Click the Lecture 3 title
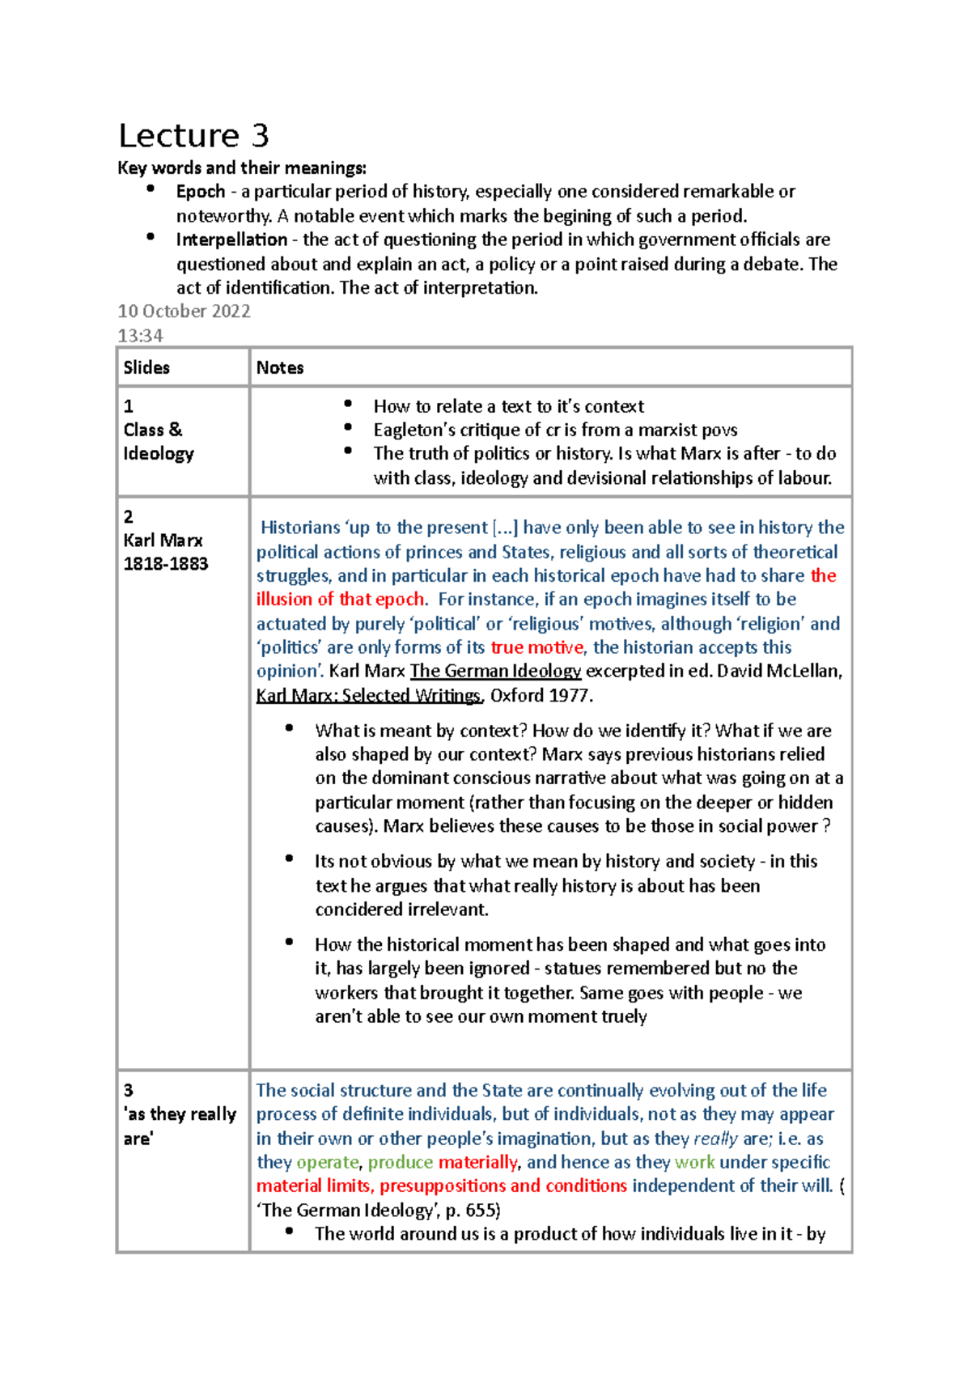pyautogui.click(x=193, y=135)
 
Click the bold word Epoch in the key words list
pyautogui.click(x=200, y=192)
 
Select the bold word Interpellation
pyautogui.click(x=231, y=240)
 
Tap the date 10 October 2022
pyautogui.click(x=184, y=312)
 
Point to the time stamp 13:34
pyautogui.click(x=140, y=336)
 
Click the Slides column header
pyautogui.click(x=146, y=367)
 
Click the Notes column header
pyautogui.click(x=280, y=367)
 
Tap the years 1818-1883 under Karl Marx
pyautogui.click(x=166, y=564)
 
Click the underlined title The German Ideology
pyautogui.click(x=495, y=671)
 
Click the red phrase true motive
pyautogui.click(x=536, y=647)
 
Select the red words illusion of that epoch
pyautogui.click(x=341, y=600)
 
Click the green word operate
pyautogui.click(x=328, y=1162)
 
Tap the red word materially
pyautogui.click(x=477, y=1162)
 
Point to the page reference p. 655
pyautogui.click(x=473, y=1211)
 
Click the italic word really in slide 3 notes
pyautogui.click(x=715, y=1139)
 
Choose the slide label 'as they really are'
pyautogui.click(x=180, y=1126)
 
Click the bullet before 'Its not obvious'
pyautogui.click(x=289, y=859)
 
